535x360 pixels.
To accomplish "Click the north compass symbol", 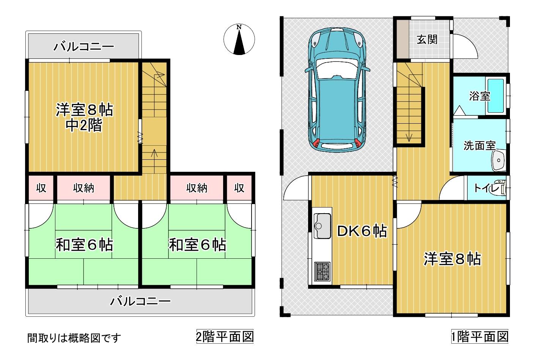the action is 239,39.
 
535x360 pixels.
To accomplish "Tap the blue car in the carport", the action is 337,90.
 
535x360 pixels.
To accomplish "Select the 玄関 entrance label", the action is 427,39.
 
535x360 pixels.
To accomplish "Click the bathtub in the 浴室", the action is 496,96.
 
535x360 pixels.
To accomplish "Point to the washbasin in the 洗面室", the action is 498,160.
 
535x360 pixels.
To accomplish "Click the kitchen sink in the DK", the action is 322,225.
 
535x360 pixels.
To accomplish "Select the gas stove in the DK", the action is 322,271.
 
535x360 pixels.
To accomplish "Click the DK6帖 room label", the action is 362,231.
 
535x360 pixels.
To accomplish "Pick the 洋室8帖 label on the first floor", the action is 452,259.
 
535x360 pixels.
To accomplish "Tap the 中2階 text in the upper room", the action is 84,125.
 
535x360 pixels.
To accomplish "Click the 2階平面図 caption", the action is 225,336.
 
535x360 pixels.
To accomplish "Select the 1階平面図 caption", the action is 480,336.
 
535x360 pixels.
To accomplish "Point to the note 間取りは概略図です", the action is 74,338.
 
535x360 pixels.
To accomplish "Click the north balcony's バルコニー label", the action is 83,46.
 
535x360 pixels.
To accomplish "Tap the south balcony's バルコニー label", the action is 140,301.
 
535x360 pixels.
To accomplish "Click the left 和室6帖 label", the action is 84,244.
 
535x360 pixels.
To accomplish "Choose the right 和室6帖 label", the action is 197,244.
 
